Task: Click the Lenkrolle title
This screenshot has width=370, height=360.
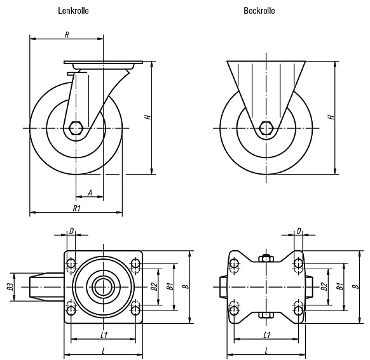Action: tap(73, 11)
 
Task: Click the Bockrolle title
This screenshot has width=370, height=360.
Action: tap(259, 11)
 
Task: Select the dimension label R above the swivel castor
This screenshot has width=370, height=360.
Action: tap(67, 35)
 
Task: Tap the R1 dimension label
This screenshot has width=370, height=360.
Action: tap(77, 208)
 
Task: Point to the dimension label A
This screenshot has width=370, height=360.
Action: tap(90, 193)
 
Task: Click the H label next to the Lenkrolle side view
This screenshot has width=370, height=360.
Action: tap(147, 117)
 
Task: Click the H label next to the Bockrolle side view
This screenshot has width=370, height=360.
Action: tap(331, 117)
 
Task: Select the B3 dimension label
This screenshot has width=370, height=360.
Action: tap(10, 287)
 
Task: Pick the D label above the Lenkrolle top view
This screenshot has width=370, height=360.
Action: tap(71, 231)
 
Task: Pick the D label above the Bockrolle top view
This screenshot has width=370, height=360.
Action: tap(299, 231)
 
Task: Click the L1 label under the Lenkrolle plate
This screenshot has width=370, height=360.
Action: tap(104, 335)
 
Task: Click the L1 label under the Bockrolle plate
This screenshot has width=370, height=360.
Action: tap(267, 335)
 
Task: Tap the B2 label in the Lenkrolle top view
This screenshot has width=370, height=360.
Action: tap(154, 287)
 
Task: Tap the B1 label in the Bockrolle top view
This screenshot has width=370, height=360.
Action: tap(339, 286)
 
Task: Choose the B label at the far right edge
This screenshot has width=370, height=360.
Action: tap(356, 287)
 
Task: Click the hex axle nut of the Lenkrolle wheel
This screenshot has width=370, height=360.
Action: tap(76, 128)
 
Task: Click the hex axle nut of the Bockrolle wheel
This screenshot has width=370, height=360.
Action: tap(266, 128)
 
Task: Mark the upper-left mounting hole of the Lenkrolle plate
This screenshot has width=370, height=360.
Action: tap(71, 263)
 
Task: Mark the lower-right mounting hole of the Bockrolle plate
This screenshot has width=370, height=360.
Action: tap(299, 310)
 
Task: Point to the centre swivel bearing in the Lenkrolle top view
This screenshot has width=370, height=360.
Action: tap(103, 287)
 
